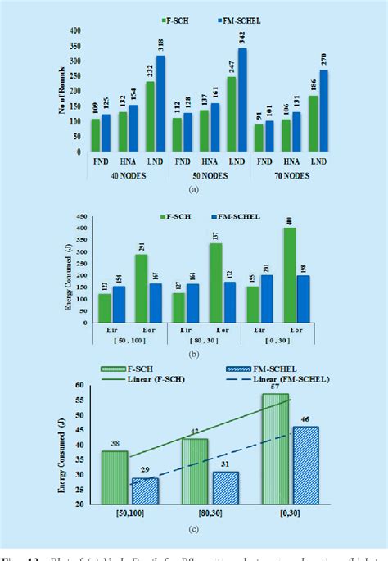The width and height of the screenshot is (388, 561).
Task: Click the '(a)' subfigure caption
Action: coord(193,189)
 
